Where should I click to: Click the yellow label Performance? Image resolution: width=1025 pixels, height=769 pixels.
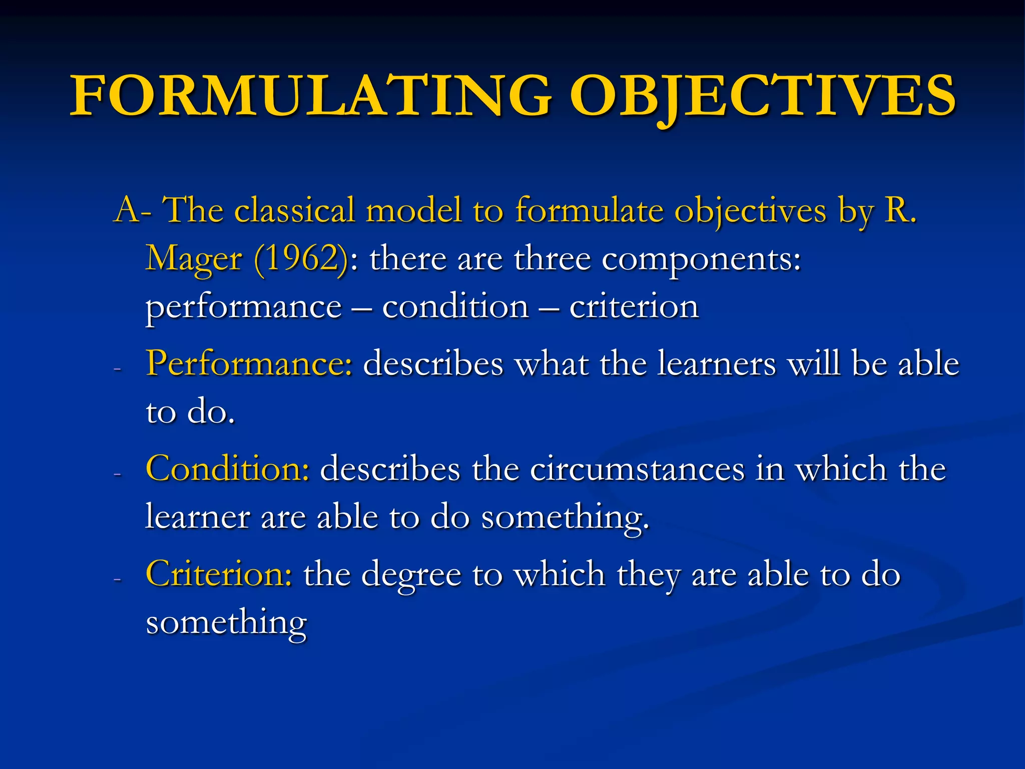coord(249,364)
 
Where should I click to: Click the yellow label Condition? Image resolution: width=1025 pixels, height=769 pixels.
coord(228,469)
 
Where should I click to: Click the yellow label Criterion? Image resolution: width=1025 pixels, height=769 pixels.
coord(219,574)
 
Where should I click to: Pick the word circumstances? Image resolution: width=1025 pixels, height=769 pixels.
coord(637,469)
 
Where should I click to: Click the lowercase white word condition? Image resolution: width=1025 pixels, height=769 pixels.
coord(455,306)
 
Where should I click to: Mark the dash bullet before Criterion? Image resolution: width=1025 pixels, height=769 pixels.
coord(118,579)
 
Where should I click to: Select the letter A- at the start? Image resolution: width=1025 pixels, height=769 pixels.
coord(133,210)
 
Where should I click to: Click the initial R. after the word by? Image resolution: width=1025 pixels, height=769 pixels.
coord(900,210)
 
